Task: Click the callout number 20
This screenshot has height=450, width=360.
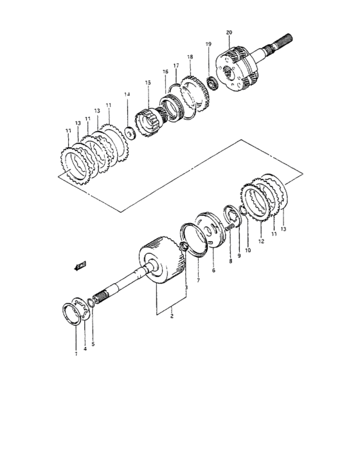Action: click(x=229, y=32)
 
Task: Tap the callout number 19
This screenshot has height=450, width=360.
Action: click(x=208, y=44)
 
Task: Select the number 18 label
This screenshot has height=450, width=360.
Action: click(x=190, y=57)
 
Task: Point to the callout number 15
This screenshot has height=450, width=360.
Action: click(x=148, y=82)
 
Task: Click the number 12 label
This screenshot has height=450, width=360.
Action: click(x=261, y=242)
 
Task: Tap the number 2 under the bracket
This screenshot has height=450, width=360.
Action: click(x=172, y=317)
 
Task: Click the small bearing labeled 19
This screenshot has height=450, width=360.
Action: click(x=212, y=83)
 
